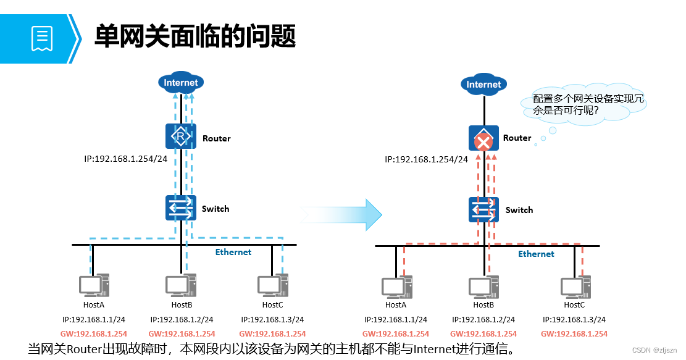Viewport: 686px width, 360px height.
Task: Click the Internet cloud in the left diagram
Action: [181, 82]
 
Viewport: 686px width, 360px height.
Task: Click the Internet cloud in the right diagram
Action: [483, 84]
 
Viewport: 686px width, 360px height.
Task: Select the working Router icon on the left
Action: [181, 136]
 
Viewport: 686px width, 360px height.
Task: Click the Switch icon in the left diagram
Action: [181, 208]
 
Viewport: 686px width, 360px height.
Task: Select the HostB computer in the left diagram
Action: [181, 286]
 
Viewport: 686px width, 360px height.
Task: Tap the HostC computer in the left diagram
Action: [272, 286]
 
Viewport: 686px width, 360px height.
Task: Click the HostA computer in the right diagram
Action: [396, 288]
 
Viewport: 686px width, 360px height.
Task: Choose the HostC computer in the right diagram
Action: [575, 288]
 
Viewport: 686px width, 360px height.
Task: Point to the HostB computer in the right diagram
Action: [483, 288]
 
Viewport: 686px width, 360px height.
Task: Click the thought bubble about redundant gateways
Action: [590, 106]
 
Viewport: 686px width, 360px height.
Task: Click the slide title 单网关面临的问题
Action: [195, 36]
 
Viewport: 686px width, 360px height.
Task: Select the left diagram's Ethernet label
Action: [233, 252]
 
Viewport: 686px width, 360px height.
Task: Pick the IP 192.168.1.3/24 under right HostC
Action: [574, 320]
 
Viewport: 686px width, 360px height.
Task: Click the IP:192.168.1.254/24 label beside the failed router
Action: [426, 159]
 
